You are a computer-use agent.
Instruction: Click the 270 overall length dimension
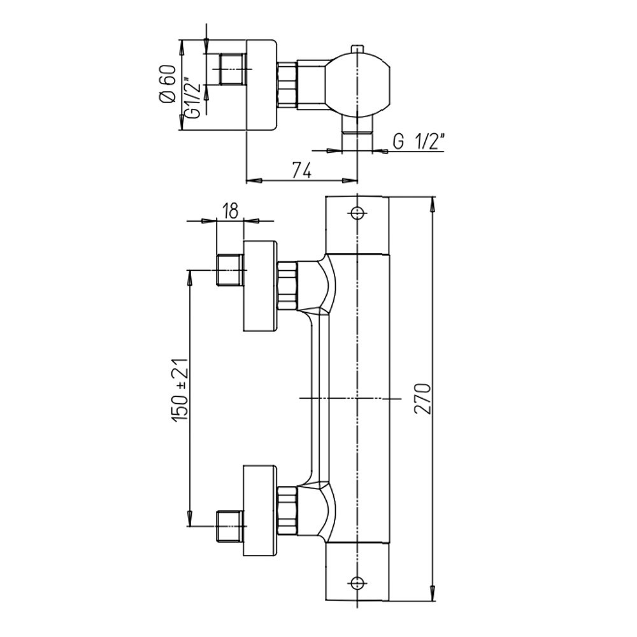[423, 398]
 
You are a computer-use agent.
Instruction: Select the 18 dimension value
[231, 212]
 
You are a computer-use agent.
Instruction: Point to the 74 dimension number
[303, 171]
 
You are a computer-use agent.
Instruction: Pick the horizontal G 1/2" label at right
[418, 142]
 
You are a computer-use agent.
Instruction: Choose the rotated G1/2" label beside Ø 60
[195, 97]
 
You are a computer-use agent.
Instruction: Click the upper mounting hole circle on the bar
[357, 212]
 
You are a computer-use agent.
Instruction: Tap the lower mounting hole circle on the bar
[357, 583]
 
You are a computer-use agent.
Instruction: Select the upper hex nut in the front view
[287, 285]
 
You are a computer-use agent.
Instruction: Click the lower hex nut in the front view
[287, 510]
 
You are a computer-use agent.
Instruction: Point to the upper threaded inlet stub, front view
[231, 270]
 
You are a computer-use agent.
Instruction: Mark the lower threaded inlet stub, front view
[231, 526]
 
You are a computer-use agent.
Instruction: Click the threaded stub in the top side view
[233, 69]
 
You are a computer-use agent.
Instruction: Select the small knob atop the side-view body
[357, 48]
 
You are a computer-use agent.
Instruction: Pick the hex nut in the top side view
[287, 85]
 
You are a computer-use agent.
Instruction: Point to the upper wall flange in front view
[261, 285]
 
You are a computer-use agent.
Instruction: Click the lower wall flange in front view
[261, 510]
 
